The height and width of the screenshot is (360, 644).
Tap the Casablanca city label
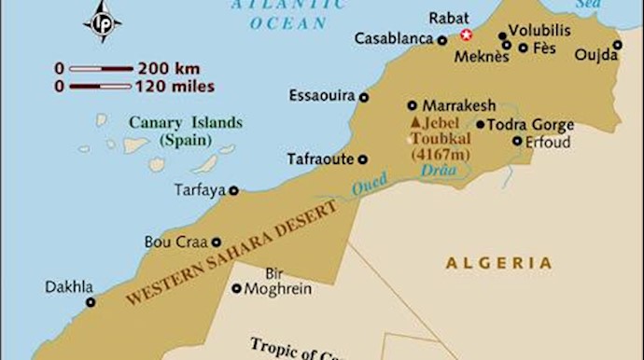[x=395, y=39]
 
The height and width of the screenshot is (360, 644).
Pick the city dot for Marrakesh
[x=413, y=105]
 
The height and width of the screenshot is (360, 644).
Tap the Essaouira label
[x=321, y=96]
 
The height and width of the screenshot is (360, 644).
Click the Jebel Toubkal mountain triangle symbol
[x=415, y=122]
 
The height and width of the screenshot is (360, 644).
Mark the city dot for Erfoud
[x=518, y=141]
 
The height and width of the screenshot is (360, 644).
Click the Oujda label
[x=596, y=55]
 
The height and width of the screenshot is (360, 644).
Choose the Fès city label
[x=543, y=47]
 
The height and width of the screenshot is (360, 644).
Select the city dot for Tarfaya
[x=233, y=190]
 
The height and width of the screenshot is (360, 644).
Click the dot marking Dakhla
[x=91, y=302]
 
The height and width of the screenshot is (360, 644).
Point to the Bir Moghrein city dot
[x=237, y=289]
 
